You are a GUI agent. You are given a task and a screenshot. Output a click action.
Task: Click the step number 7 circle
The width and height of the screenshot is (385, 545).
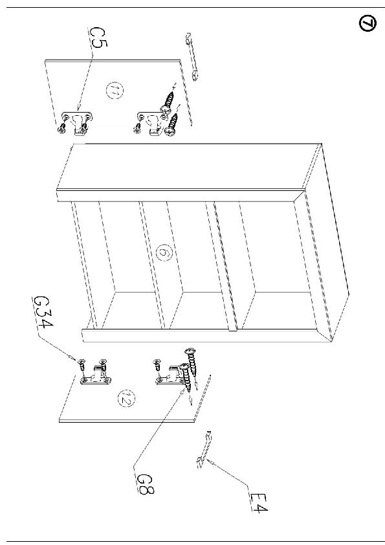click(x=368, y=24)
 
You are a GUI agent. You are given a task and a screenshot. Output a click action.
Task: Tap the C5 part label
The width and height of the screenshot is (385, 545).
click(x=99, y=38)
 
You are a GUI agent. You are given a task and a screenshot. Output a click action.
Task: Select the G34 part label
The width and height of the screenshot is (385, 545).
click(x=43, y=313)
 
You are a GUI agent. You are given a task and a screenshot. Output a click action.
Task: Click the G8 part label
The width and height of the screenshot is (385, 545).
click(x=144, y=484)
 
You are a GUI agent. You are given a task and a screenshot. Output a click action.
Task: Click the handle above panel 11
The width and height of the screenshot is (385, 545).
click(x=192, y=56)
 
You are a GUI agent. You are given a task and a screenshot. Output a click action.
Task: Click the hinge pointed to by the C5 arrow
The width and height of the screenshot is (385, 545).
click(x=78, y=121)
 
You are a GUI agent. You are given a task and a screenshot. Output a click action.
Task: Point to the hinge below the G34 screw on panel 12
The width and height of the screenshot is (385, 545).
click(x=96, y=375)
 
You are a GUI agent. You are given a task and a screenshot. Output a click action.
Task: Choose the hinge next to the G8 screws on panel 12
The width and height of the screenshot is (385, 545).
click(x=170, y=375)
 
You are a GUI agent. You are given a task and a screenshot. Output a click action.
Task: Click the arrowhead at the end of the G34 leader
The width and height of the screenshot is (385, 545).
click(x=72, y=357)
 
